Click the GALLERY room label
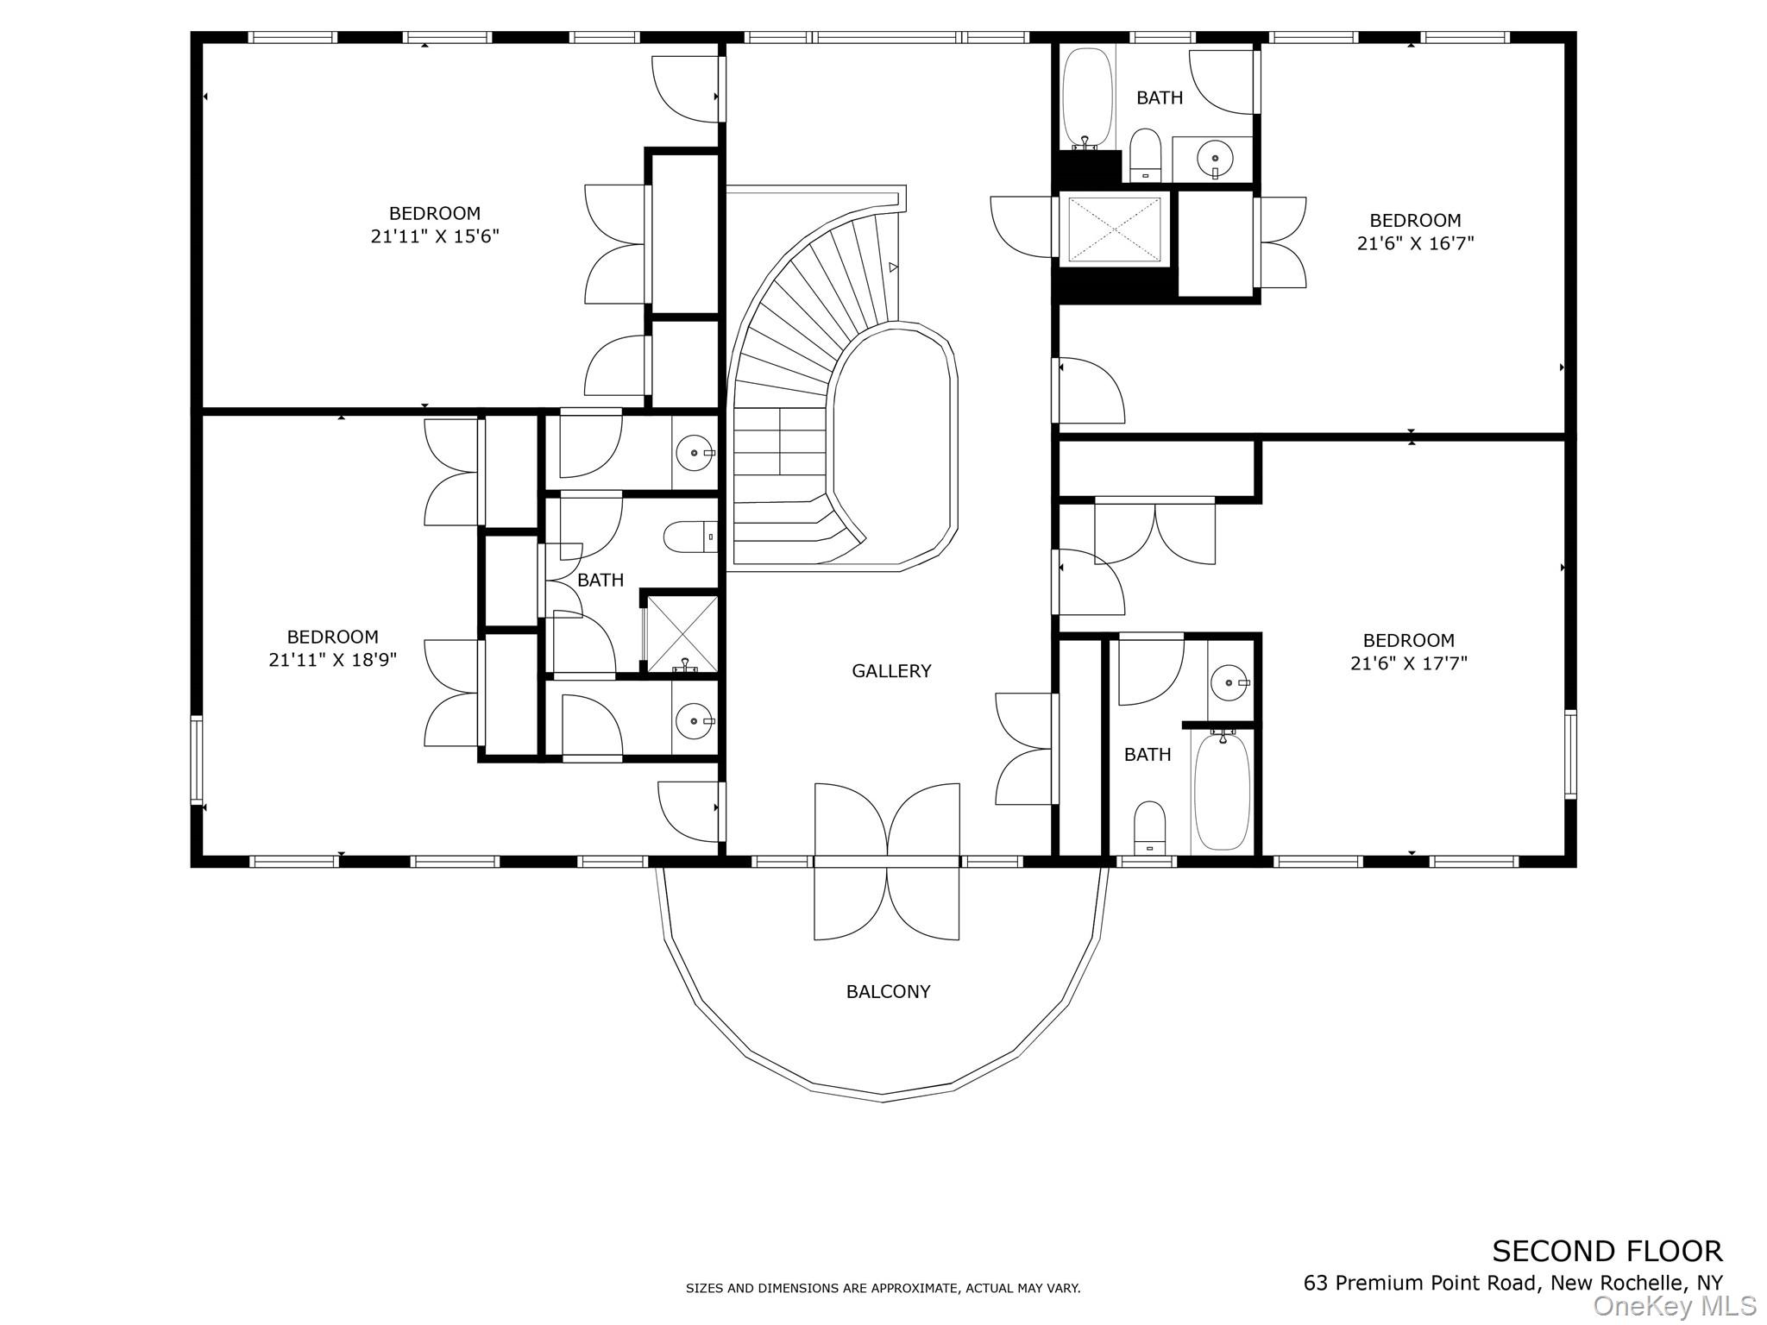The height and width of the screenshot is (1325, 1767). click(x=891, y=671)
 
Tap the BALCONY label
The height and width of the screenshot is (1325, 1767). click(x=888, y=992)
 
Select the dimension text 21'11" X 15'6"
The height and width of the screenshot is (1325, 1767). click(x=435, y=236)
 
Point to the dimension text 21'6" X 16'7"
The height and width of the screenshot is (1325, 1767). click(x=1415, y=243)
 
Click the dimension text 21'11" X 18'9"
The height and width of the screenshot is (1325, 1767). click(x=332, y=660)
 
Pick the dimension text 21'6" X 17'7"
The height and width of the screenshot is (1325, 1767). click(x=1408, y=663)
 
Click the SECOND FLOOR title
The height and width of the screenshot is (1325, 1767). click(x=1607, y=1251)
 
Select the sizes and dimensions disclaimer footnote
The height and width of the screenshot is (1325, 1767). click(x=883, y=1289)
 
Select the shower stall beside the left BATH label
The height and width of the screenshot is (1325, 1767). click(x=682, y=634)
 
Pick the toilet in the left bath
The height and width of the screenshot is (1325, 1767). click(x=690, y=537)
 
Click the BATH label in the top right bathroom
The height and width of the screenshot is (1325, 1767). click(x=1159, y=98)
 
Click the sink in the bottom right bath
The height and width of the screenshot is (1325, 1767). click(x=1227, y=683)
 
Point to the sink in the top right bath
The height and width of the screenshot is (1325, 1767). click(x=1214, y=159)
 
